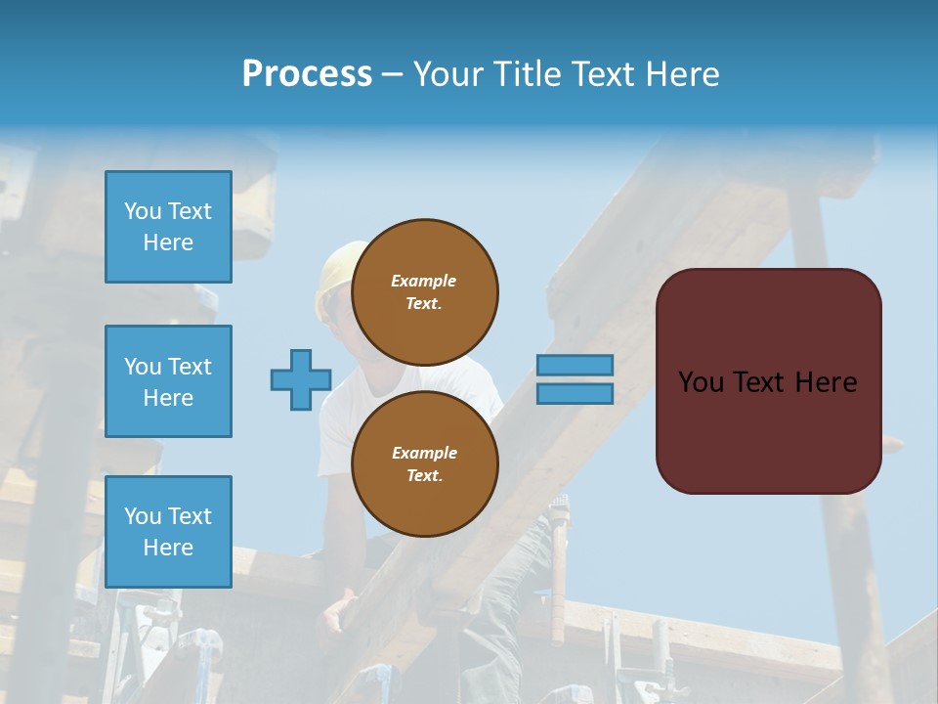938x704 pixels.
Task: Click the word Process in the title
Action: [307, 73]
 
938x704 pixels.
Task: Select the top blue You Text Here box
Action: [168, 227]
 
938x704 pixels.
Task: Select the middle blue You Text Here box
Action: [168, 381]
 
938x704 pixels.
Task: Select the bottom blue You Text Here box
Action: [168, 531]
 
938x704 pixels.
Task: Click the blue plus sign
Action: [301, 379]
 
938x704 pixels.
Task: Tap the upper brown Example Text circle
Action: [424, 291]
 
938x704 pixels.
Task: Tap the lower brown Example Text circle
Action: [424, 463]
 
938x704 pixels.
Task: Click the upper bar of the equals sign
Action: [575, 365]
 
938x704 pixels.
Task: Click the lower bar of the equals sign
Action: [575, 393]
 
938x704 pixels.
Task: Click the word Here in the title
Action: [684, 74]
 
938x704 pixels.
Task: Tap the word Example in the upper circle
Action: [424, 281]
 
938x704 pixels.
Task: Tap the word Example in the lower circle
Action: [424, 453]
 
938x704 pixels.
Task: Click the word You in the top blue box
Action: [143, 211]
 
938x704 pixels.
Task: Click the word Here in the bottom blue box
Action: [168, 548]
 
